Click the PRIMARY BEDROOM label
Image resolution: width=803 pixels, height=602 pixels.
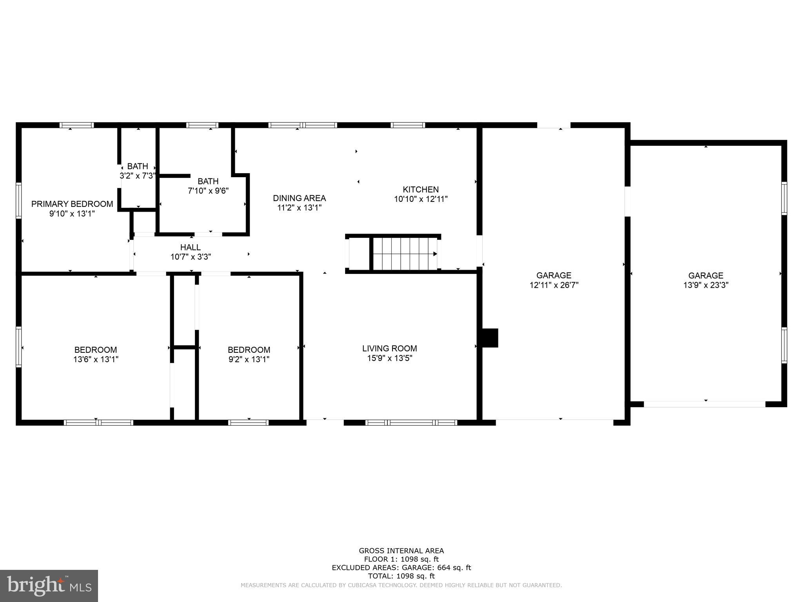click(72, 204)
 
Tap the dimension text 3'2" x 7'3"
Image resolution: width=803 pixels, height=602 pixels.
click(138, 176)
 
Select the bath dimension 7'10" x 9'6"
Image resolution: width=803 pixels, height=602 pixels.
click(208, 191)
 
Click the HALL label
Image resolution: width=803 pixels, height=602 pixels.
click(191, 247)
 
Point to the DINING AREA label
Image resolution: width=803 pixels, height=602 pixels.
click(300, 198)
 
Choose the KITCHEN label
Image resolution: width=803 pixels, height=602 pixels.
click(421, 190)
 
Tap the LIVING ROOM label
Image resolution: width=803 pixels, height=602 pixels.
click(389, 348)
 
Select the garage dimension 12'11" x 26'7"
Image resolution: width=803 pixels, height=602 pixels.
click(554, 285)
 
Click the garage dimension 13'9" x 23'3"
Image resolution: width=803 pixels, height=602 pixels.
click(706, 285)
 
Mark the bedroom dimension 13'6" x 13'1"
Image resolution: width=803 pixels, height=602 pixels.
click(96, 359)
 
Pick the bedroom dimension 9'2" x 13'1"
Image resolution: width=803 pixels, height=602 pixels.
click(249, 359)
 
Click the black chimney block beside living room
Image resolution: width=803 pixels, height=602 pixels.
click(489, 338)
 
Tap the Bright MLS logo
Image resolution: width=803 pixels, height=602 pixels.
click(49, 586)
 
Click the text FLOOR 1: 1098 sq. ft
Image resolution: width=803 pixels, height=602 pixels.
click(401, 559)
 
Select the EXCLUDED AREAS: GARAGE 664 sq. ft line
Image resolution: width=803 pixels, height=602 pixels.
click(401, 568)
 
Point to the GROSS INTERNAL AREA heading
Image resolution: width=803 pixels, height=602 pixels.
click(401, 551)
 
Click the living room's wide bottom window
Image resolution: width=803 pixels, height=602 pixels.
click(411, 422)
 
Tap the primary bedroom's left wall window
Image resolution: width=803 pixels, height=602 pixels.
click(18, 200)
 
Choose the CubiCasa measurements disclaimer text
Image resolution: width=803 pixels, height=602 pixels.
click(401, 585)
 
